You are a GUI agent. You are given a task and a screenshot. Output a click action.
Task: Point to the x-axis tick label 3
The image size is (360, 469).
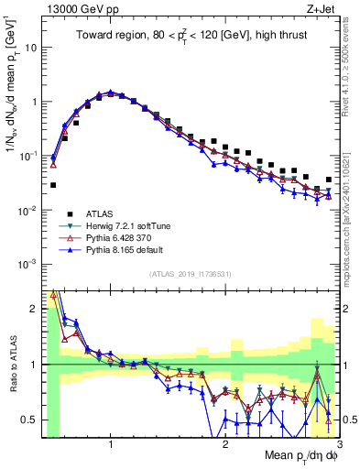[x=340, y=445]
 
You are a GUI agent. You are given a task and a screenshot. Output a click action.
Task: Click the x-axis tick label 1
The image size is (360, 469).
[x=111, y=445]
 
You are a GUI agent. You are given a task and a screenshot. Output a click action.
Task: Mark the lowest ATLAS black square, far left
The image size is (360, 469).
[x=53, y=185]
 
